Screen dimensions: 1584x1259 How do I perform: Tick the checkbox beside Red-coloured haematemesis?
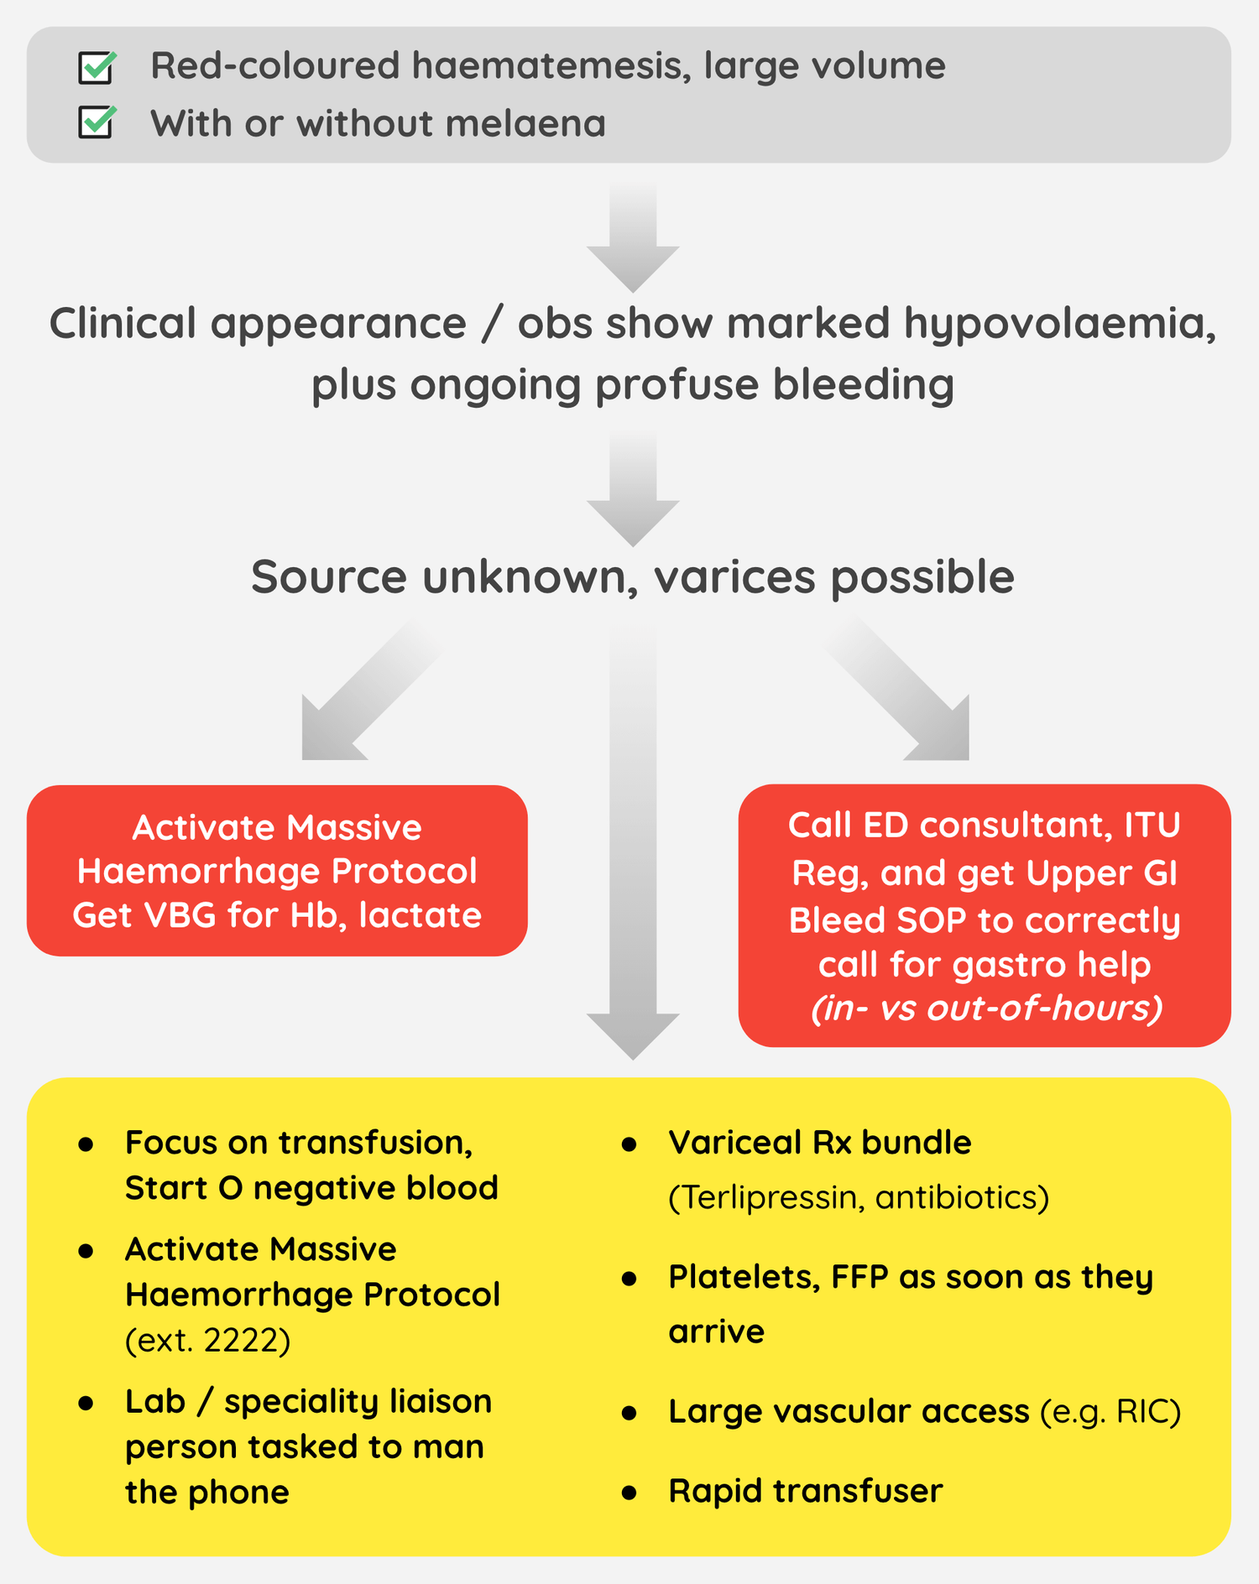(x=97, y=67)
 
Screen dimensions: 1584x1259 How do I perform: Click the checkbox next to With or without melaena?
(x=97, y=123)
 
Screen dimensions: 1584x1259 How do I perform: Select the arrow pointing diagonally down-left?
(x=361, y=696)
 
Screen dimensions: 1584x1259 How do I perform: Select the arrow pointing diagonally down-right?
(x=906, y=696)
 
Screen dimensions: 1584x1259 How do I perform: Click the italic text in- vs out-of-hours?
(x=986, y=1008)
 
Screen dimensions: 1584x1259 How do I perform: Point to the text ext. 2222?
(x=208, y=1341)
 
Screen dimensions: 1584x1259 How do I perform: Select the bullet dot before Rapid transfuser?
(x=629, y=1493)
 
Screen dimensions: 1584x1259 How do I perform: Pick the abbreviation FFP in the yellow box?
(x=859, y=1278)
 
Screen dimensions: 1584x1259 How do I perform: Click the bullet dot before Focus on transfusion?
(x=86, y=1144)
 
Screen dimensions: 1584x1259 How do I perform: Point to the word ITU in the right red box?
(x=1152, y=826)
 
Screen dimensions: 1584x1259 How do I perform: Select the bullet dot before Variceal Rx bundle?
(x=629, y=1144)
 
